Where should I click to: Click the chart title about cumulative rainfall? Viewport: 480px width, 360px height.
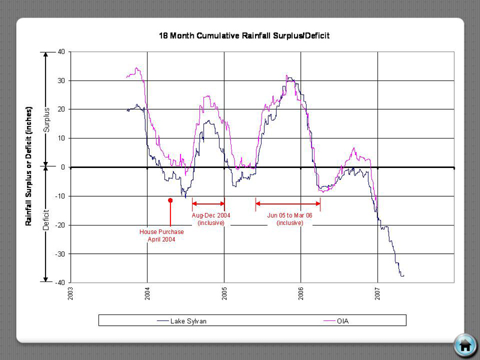[244, 36]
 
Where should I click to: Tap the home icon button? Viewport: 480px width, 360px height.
[464, 344]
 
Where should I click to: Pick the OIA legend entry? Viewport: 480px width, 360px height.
[343, 321]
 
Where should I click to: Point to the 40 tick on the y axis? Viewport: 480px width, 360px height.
[61, 52]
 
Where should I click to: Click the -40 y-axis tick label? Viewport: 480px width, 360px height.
[59, 283]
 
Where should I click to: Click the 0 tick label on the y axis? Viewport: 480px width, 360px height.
[62, 167]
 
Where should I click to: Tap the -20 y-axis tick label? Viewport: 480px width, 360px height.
[59, 225]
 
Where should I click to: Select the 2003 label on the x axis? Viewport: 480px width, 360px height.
[71, 295]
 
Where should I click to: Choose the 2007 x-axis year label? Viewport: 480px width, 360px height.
[378, 295]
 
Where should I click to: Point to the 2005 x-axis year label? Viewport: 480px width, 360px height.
[224, 295]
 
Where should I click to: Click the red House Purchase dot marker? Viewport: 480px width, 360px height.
[170, 201]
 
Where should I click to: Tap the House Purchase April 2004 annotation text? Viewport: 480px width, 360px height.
[161, 235]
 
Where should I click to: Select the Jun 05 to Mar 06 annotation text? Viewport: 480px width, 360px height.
[289, 218]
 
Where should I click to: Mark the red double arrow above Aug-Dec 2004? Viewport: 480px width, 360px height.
[208, 204]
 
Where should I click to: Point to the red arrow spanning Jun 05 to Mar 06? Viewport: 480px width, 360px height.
[287, 204]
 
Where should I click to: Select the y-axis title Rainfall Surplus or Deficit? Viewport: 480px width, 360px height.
[28, 167]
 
